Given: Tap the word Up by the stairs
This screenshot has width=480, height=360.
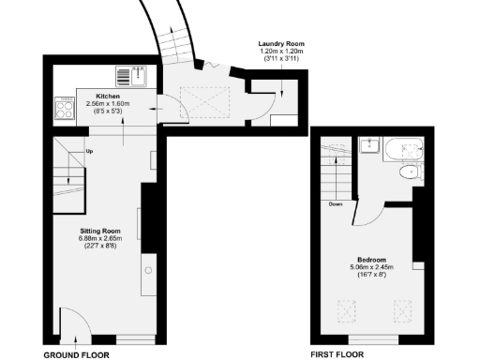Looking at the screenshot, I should (x=89, y=151).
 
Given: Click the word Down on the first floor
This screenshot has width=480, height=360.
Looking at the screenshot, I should (x=337, y=202).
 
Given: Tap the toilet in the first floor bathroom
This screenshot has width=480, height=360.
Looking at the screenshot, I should (x=411, y=173).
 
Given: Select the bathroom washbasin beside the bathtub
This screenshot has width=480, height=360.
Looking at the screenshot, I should (x=370, y=145).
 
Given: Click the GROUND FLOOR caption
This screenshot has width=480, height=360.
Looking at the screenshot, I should (x=77, y=355).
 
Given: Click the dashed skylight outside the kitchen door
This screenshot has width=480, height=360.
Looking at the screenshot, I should (x=198, y=99).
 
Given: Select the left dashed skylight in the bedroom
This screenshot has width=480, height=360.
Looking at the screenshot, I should (x=348, y=307).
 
